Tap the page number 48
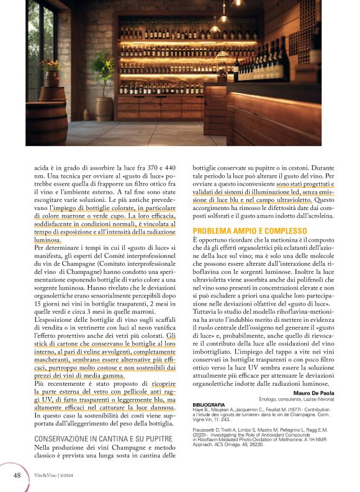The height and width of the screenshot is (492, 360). click(17, 475)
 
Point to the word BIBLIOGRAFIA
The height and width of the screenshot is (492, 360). click(209, 405)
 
